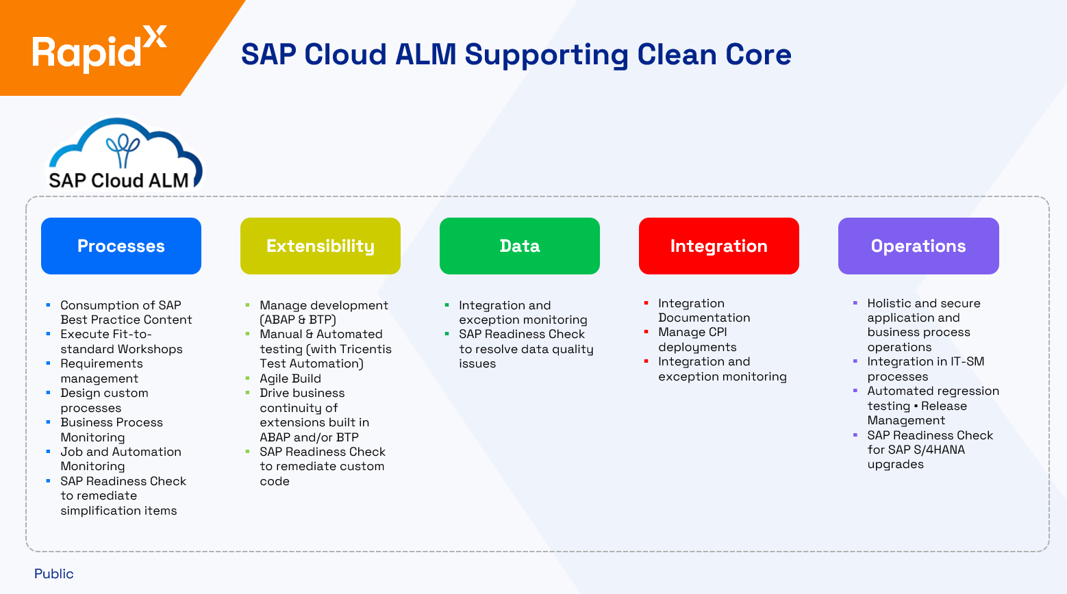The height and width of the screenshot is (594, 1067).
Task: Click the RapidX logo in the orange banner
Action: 99,49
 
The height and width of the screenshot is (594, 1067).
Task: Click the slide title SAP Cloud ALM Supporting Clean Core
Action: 516,55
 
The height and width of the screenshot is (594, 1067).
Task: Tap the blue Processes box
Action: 121,246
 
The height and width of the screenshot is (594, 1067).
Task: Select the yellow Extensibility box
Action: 321,246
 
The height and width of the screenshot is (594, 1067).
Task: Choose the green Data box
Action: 520,246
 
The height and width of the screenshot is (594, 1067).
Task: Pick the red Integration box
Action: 719,246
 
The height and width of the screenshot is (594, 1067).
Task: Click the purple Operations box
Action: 918,246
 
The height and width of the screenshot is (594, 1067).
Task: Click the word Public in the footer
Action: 54,573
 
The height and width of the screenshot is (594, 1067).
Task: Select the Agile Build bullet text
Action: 290,378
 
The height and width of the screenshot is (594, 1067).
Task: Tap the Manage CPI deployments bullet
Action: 696,339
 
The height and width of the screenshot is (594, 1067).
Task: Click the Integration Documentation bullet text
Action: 703,310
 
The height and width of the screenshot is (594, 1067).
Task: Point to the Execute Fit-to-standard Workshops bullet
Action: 121,341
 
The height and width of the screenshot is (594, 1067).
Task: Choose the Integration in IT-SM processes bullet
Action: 925,369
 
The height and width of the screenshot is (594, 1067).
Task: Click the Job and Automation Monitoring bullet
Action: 121,459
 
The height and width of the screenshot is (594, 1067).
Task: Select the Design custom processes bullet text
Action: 104,400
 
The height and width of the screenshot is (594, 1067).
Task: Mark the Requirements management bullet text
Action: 101,371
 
